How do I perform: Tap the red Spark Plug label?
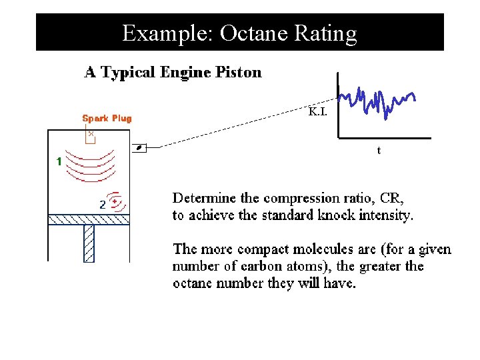[x=107, y=119]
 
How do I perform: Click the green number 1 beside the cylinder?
[x=59, y=161]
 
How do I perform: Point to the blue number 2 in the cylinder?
[x=102, y=205]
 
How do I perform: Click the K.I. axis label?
[x=317, y=112]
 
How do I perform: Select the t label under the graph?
[x=379, y=151]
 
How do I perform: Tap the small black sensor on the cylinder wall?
[x=140, y=148]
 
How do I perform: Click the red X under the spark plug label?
[x=91, y=133]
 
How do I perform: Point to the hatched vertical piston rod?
[x=89, y=243]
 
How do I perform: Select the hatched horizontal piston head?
[x=88, y=219]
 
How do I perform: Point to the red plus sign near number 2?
[x=115, y=201]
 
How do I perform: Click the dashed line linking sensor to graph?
[x=233, y=126]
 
